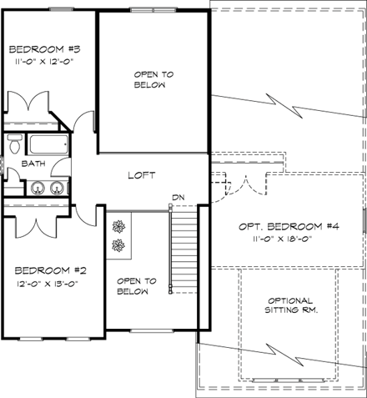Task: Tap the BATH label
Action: coord(33,164)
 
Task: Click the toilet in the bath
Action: coord(14,145)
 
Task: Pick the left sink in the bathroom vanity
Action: coord(35,188)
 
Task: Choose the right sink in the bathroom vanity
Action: coord(56,188)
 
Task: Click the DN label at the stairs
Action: coord(177,197)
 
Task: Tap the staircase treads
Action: coord(183,250)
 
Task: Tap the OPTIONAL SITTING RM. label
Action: coord(290,305)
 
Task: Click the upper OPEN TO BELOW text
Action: coord(153,79)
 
